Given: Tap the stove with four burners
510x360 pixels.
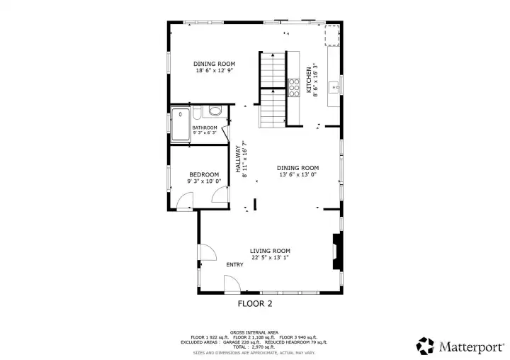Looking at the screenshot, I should (293, 87).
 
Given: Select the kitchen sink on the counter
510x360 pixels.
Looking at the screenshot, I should (335, 88).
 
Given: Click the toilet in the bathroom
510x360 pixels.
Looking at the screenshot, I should (212, 111).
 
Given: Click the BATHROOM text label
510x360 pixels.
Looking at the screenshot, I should (205, 128).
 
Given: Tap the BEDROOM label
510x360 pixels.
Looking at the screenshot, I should (205, 174).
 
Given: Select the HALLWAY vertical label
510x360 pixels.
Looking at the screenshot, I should (238, 159).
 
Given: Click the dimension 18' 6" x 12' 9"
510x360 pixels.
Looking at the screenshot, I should (215, 71).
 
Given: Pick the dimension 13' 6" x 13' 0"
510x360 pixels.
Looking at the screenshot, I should (297, 174).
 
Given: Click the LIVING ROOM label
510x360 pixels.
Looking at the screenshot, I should (270, 251).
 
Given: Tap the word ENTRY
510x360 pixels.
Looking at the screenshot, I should (234, 265).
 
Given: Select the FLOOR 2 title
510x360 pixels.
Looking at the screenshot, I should (254, 304).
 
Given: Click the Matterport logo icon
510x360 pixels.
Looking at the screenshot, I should (425, 345).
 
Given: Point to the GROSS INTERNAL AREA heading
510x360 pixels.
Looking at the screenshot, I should (254, 332).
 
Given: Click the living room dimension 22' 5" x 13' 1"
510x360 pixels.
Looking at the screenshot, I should (270, 258).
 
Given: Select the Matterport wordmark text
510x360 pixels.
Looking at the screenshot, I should (471, 346).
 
